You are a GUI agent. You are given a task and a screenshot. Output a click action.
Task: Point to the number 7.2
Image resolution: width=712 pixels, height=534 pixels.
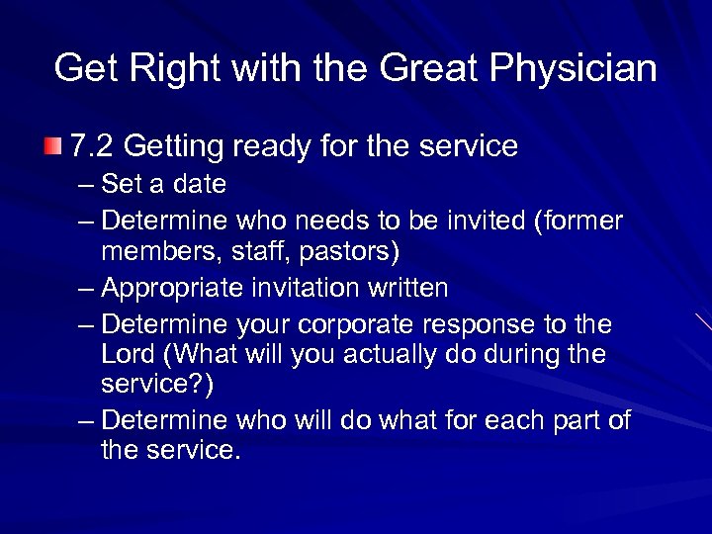(92, 146)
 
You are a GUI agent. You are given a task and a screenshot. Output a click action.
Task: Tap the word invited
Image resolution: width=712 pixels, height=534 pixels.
(485, 218)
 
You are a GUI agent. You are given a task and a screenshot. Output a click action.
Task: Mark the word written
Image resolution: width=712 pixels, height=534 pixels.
(404, 288)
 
